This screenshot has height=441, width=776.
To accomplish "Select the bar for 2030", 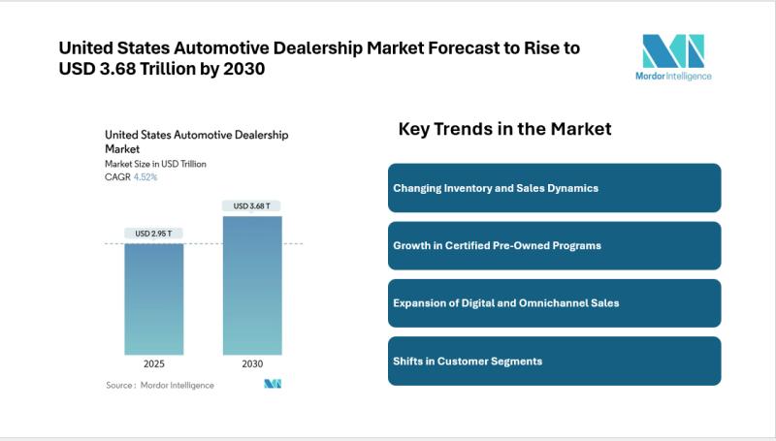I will (252, 285).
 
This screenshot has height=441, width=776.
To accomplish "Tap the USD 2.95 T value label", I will (153, 234).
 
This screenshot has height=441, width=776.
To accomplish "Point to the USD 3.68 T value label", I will (252, 205).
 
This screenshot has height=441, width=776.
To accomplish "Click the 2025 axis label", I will (153, 365).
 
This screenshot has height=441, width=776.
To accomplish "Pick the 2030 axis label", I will (252, 365).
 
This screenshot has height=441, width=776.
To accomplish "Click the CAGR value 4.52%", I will (145, 177).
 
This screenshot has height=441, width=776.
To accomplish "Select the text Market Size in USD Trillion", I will (155, 164).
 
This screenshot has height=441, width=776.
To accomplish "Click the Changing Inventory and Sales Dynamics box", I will (554, 188).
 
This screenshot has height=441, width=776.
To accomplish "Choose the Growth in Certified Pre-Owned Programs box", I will (554, 245).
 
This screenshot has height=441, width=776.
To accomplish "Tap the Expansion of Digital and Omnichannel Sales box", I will (554, 303).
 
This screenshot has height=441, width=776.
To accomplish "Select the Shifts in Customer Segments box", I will (554, 361).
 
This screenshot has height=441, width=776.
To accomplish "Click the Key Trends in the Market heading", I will (504, 129).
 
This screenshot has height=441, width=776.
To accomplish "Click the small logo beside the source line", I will (273, 385).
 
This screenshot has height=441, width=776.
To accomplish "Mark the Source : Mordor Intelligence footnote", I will (160, 385).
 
